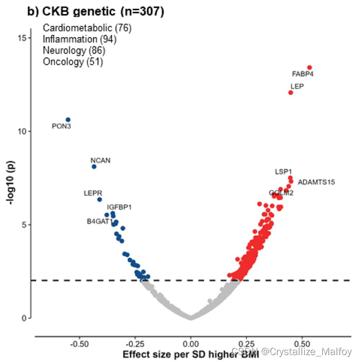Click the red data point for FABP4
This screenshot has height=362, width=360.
click(309, 68)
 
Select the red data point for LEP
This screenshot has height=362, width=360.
click(291, 92)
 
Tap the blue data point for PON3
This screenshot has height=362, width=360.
click(68, 120)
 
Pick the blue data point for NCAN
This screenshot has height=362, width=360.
click(94, 166)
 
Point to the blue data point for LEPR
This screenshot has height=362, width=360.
click(99, 199)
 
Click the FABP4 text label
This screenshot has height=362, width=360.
click(303, 74)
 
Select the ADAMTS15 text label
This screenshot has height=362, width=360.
click(316, 182)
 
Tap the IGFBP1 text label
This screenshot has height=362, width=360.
click(119, 207)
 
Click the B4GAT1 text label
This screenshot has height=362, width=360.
click(100, 221)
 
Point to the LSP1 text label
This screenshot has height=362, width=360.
click(283, 172)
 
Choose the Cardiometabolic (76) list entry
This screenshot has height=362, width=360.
click(87, 28)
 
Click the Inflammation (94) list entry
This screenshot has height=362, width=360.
click(80, 39)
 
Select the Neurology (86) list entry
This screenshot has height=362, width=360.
click(74, 50)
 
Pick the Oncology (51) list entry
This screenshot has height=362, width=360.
click(73, 62)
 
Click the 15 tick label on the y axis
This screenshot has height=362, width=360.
click(22, 38)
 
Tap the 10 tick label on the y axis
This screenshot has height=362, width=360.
click(22, 131)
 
